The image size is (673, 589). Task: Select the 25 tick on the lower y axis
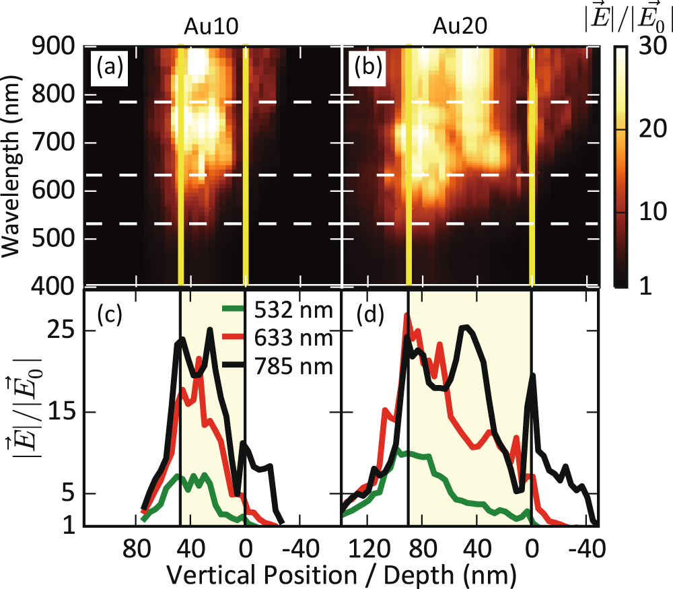point(59,331)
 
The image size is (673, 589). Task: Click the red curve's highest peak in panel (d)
point(406,314)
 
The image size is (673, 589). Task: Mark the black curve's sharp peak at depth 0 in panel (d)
point(533,375)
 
